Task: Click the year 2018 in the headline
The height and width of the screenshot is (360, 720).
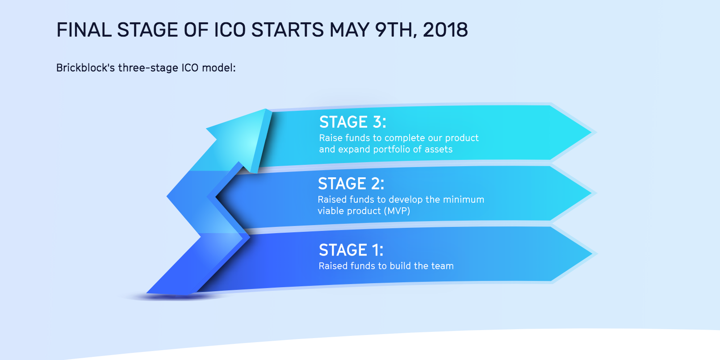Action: [445, 30]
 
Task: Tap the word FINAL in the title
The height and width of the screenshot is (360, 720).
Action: [84, 30]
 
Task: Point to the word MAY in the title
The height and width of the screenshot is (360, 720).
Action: [349, 30]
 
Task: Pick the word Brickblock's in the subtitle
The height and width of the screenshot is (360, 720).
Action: [85, 68]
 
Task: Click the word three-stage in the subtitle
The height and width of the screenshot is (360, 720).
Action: [148, 68]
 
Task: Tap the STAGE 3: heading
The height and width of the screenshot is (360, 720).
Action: [352, 122]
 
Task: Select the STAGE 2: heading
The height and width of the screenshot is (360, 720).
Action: [351, 184]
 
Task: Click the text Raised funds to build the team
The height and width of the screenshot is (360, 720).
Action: [386, 266]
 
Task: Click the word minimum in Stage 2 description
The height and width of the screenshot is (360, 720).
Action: [464, 200]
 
